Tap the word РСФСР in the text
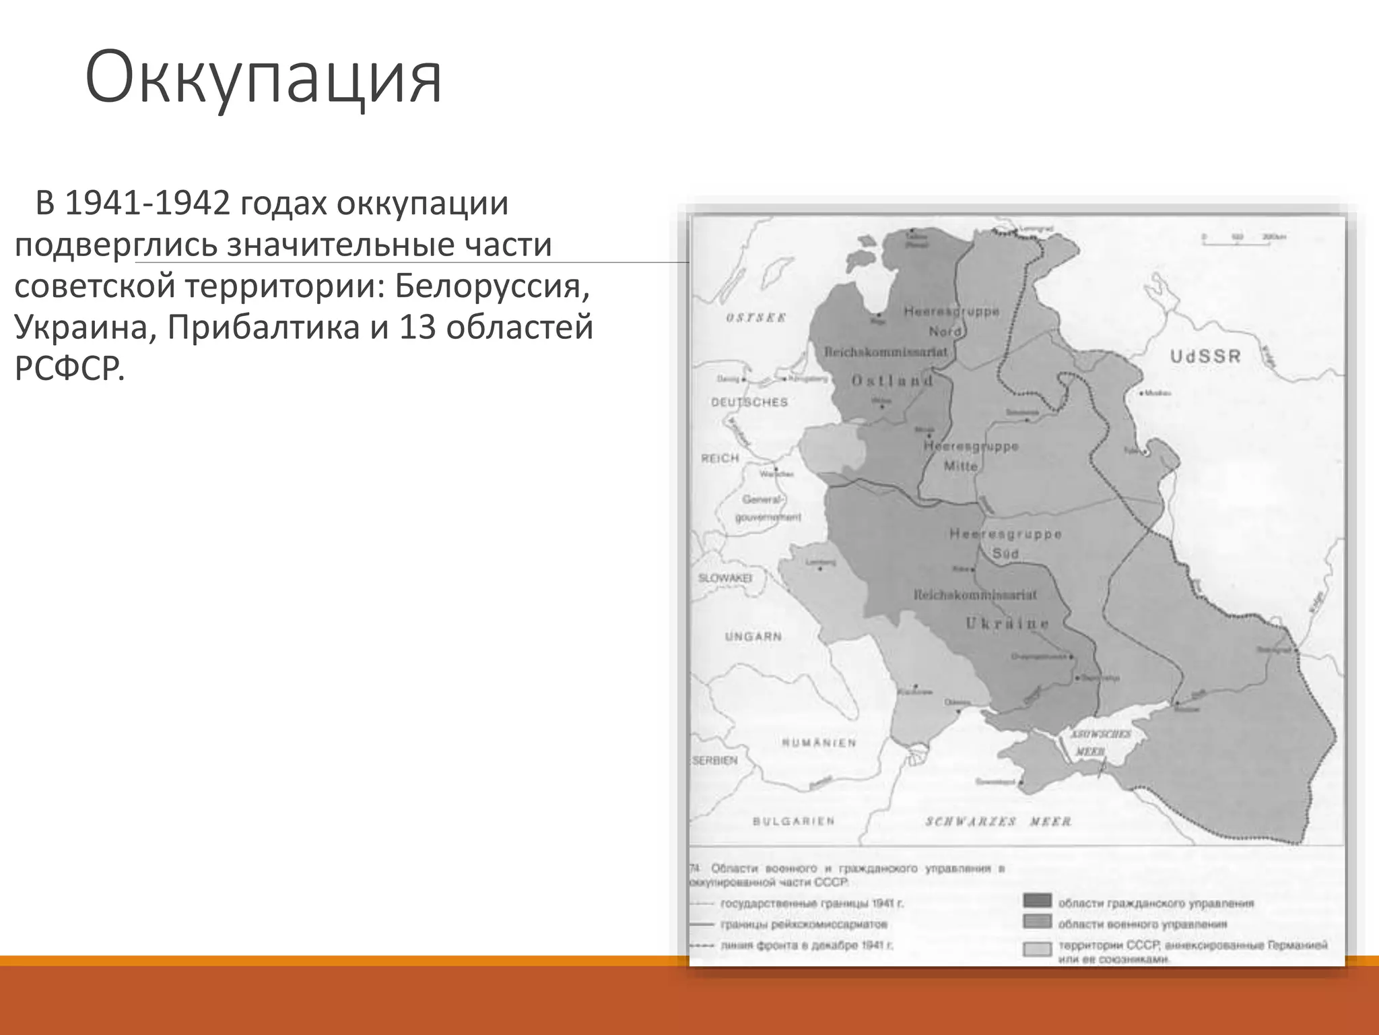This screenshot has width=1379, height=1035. tap(69, 369)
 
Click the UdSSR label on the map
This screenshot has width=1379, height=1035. tap(1205, 356)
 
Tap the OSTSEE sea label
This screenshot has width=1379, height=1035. tap(755, 317)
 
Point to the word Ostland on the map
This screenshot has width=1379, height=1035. tap(892, 381)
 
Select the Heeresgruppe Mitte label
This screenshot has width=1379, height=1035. tap(970, 456)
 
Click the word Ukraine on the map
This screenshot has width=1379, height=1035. tap(1007, 623)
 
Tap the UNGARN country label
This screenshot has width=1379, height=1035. tap(753, 636)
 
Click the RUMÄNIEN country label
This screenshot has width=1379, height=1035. tap(819, 743)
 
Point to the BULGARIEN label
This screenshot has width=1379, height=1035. tap(793, 821)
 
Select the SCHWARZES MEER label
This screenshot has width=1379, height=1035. tap(998, 821)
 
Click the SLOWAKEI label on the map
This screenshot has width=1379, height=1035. tap(725, 578)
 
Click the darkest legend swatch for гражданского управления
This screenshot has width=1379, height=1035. tap(1037, 902)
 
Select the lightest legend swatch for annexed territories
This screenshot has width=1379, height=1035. tap(1037, 949)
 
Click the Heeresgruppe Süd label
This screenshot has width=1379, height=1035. tap(1005, 543)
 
